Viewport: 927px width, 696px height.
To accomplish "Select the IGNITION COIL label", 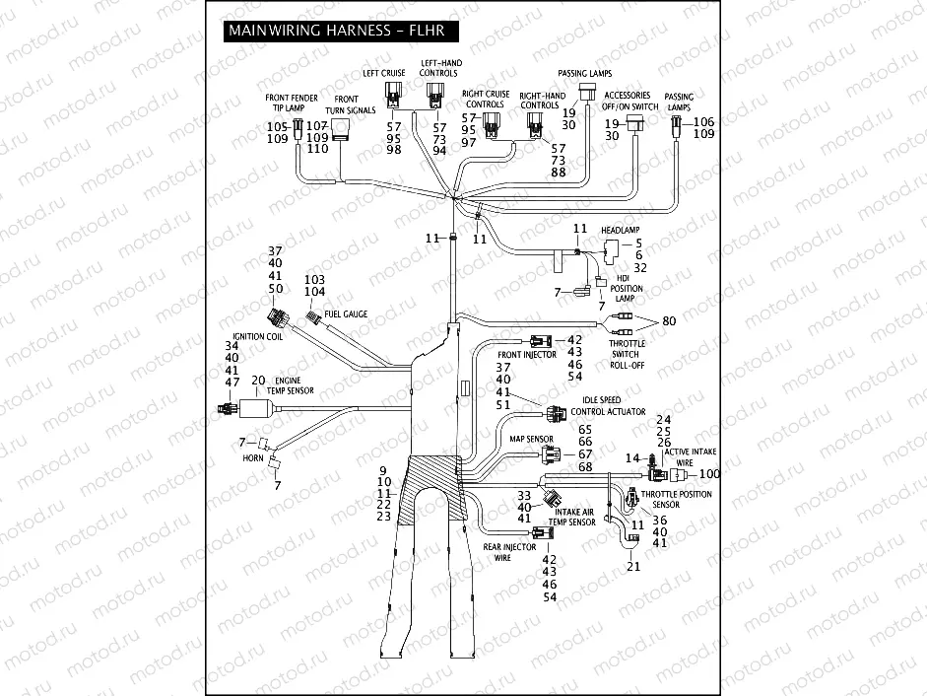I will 257,335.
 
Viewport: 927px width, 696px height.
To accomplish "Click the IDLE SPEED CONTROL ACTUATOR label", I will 608,404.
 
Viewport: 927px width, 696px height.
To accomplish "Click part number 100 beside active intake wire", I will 709,475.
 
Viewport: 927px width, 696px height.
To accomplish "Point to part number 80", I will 670,321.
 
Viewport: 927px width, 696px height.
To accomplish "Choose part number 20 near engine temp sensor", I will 258,380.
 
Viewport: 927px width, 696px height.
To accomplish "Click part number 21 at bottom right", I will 633,567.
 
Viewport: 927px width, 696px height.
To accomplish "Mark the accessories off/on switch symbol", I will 635,121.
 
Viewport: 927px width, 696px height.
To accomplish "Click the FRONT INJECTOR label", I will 527,354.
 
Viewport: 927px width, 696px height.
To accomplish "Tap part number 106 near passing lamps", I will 703,121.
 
